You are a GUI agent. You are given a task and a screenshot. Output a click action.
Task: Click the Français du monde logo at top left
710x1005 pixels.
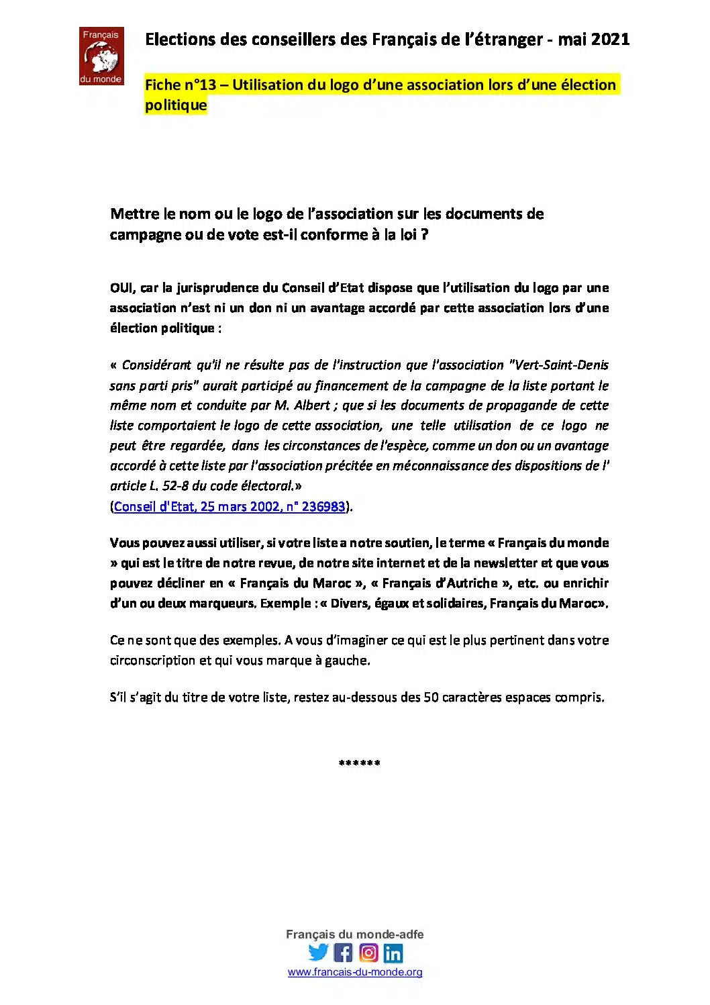click(x=101, y=56)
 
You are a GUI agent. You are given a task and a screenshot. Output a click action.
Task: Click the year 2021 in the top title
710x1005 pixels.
click(x=611, y=40)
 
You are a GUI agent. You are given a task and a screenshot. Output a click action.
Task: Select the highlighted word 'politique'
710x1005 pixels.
click(x=176, y=105)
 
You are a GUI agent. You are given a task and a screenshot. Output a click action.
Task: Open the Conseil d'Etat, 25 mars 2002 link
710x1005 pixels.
click(x=230, y=506)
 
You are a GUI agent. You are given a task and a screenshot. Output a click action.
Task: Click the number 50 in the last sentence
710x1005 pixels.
click(x=431, y=698)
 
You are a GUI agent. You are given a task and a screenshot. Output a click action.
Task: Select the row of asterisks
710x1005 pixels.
click(x=360, y=763)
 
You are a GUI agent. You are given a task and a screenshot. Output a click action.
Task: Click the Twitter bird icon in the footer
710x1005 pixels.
click(x=319, y=953)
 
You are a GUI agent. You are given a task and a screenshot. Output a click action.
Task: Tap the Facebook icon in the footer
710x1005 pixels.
click(x=343, y=953)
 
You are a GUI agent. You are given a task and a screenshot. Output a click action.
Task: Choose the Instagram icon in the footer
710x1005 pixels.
click(x=368, y=953)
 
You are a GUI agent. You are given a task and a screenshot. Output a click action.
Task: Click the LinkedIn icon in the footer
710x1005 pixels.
click(x=393, y=953)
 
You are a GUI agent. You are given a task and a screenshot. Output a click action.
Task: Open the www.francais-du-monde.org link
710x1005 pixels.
click(x=355, y=972)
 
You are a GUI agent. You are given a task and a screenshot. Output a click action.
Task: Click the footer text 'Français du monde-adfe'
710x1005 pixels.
click(x=354, y=935)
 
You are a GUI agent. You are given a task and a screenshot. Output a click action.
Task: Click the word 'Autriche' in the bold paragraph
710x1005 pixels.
click(x=470, y=583)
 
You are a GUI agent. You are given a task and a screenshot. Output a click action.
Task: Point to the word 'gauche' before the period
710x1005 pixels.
click(x=346, y=661)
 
